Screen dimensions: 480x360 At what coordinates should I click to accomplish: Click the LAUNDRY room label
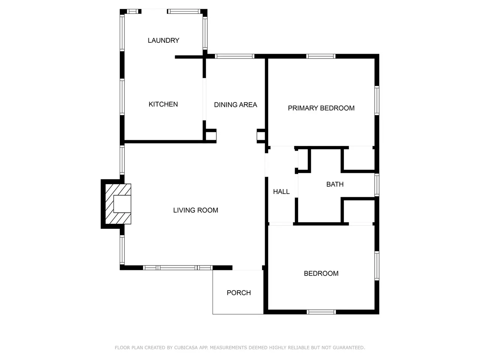tap(163, 40)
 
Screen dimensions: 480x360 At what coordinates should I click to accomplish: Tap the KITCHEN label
tap(163, 104)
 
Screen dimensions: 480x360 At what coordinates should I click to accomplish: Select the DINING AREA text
tap(235, 105)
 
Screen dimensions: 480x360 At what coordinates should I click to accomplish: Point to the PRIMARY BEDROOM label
tap(321, 108)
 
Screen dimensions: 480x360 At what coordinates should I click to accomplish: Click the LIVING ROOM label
tap(195, 210)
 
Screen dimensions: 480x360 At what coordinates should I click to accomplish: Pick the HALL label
tap(281, 192)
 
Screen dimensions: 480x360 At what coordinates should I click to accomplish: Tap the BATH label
tap(335, 184)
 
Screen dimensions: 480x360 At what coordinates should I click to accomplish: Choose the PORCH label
tap(238, 292)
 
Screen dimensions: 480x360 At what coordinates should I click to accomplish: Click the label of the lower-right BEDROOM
tap(321, 273)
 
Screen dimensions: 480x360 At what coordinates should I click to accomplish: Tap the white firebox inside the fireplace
tap(122, 204)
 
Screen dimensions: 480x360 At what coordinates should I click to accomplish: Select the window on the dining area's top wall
tap(235, 56)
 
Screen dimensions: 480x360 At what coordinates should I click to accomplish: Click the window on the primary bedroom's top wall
tap(321, 56)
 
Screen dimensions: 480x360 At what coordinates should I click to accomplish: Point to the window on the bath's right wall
tap(377, 185)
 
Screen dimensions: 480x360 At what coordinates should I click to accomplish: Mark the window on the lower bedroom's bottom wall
tap(321, 312)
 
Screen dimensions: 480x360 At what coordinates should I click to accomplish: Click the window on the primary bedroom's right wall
tap(377, 100)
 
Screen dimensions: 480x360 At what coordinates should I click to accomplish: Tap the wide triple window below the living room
tap(178, 268)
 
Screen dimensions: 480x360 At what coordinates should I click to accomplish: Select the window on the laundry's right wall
tap(205, 33)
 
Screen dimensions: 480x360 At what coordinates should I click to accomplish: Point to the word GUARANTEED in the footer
tap(349, 348)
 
